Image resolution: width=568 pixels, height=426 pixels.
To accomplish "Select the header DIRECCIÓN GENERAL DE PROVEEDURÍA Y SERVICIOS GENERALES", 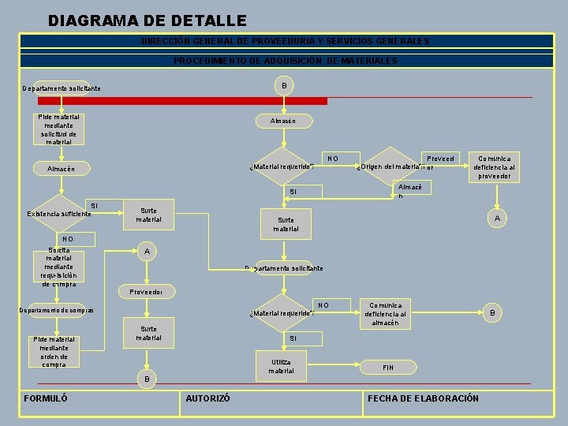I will pos(286,41).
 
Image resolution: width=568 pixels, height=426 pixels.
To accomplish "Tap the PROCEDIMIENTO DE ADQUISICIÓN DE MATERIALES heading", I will pos(286,61).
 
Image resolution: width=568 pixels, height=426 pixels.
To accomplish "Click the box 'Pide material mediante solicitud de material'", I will pos(59,129).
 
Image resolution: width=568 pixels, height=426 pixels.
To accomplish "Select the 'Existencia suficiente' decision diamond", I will pos(59,213).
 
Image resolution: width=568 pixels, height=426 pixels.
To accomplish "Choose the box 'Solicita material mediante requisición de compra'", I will pos(59,267).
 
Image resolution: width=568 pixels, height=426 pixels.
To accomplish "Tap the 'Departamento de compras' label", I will pos(56,310).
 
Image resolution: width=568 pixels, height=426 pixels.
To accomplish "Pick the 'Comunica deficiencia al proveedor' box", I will pos(494,167).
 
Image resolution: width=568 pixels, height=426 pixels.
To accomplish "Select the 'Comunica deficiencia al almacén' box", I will pos(387,313).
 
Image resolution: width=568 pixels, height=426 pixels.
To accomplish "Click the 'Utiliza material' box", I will pos(281,367).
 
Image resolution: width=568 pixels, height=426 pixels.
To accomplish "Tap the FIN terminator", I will pos(387,368).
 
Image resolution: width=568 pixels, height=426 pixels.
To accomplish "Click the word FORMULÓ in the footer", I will pos(47,398).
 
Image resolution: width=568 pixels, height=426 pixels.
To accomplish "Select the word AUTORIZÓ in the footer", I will pos(207,399).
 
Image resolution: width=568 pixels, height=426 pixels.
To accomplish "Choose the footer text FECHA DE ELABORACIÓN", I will pos(424,398).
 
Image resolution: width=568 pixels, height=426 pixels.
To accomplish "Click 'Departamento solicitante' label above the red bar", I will pos(62,88).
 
